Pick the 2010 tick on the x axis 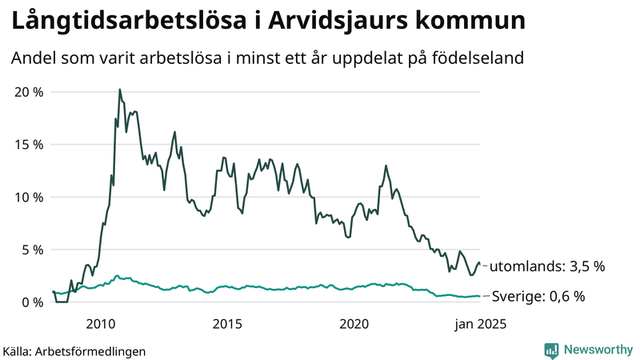point(101,324)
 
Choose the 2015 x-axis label point(227,324)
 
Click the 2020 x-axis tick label point(354,324)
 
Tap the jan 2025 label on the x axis point(481,324)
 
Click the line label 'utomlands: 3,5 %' point(546,266)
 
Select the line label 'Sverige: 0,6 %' point(538,296)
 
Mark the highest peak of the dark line point(120,90)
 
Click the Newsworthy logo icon point(551,350)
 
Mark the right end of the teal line point(480,296)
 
